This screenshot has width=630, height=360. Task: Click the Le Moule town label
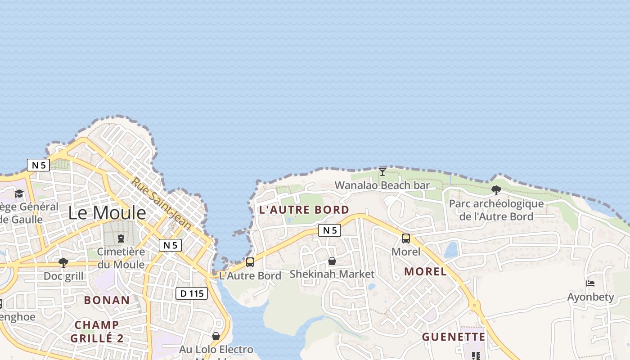click(x=107, y=213)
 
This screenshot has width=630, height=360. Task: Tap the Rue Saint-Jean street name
click(x=162, y=203)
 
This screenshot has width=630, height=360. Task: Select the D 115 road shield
click(x=191, y=293)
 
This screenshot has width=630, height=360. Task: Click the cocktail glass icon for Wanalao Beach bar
click(x=382, y=171)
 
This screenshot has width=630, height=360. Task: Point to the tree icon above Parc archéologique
click(x=496, y=190)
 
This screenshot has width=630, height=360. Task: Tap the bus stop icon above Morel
click(x=406, y=238)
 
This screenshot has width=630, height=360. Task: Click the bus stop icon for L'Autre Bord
click(x=250, y=262)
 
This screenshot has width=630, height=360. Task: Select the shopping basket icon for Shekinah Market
click(x=332, y=261)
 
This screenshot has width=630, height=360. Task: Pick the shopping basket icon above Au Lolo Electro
click(x=216, y=336)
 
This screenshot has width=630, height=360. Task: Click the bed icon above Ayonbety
click(x=590, y=283)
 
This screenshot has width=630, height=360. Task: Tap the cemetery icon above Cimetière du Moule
click(x=121, y=238)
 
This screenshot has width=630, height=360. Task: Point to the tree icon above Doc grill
click(x=63, y=263)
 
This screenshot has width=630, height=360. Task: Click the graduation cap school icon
click(x=19, y=193)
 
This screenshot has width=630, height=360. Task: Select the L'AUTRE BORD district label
click(x=304, y=210)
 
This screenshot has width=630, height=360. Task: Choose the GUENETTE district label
click(x=454, y=337)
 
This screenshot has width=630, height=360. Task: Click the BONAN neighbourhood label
click(x=107, y=300)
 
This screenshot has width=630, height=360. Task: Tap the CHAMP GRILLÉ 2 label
click(x=97, y=331)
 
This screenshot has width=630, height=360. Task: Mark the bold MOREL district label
click(x=425, y=271)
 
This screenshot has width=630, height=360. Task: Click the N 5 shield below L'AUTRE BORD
click(x=329, y=230)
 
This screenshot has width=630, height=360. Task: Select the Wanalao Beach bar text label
click(x=382, y=185)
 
